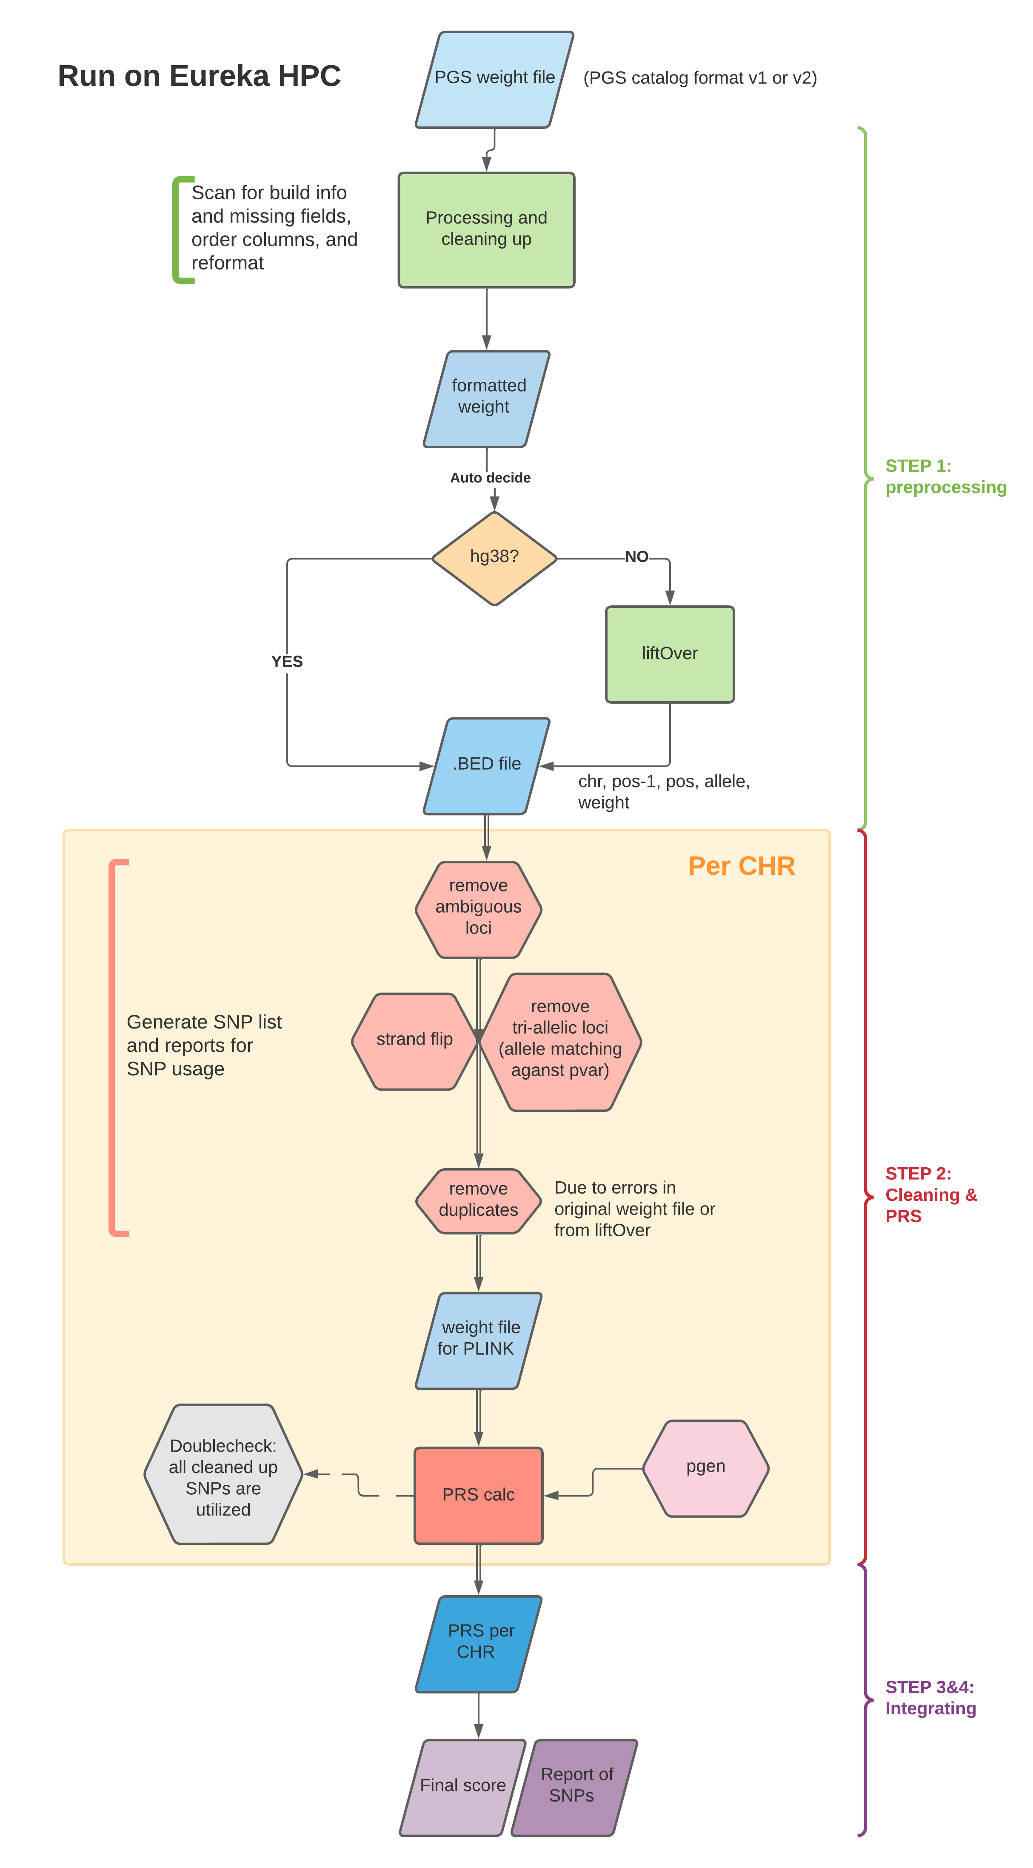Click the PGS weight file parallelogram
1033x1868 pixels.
coord(494,79)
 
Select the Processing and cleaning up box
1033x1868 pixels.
coord(486,229)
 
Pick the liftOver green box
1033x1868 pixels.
coord(670,654)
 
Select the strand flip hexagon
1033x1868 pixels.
coord(414,1040)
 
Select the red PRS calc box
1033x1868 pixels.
coord(479,1495)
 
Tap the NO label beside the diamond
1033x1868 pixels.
coord(636,557)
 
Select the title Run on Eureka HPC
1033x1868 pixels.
coord(200,76)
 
